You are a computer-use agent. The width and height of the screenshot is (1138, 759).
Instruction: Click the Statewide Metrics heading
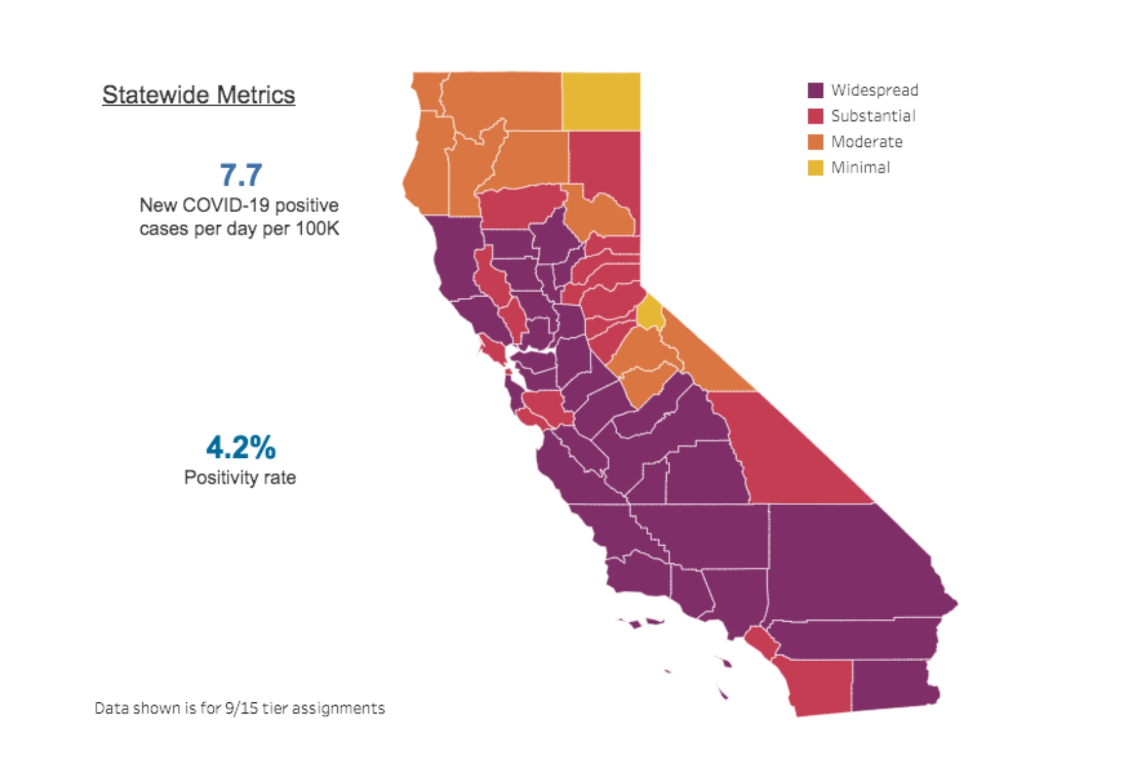point(198,95)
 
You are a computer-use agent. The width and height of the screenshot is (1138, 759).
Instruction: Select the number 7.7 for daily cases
point(241,175)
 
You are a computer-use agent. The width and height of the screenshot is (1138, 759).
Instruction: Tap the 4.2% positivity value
point(241,447)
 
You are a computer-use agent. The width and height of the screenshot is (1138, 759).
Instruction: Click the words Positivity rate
point(240,478)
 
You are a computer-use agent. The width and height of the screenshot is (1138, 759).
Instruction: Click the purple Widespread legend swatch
point(815,90)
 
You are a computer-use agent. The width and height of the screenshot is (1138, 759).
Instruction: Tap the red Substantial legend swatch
point(815,116)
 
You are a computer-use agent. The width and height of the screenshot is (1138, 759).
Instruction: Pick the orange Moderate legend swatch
point(815,142)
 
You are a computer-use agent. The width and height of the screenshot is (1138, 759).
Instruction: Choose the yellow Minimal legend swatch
point(815,168)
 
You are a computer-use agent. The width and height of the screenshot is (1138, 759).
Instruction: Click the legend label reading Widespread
point(875,90)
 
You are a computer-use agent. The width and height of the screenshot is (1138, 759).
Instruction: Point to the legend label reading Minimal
point(860,168)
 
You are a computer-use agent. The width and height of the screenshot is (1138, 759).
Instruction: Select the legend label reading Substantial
point(873,116)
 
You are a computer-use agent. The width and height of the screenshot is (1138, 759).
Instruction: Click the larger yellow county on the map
point(601,101)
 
